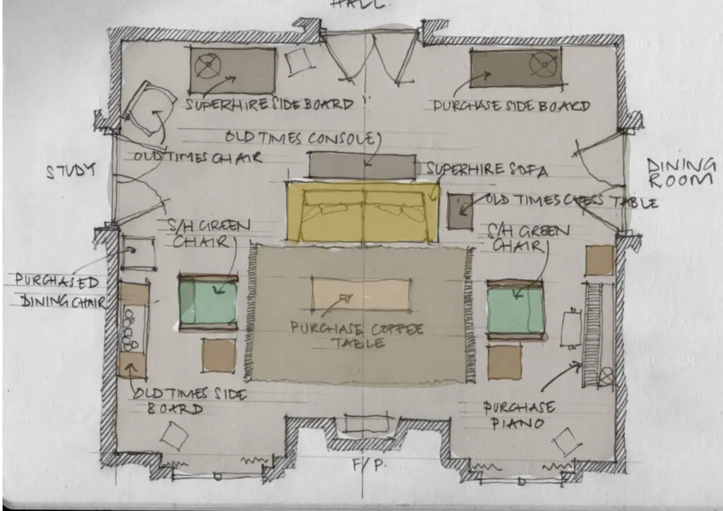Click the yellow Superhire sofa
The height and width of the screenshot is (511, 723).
click(362, 212)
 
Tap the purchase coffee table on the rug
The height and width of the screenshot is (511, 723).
click(361, 294)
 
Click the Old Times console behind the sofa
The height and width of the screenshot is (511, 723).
click(362, 166)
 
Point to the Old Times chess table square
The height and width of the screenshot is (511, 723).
click(460, 211)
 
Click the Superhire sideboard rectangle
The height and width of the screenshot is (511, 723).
click(232, 70)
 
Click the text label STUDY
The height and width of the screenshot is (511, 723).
click(70, 172)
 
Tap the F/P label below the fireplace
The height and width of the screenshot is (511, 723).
click(361, 467)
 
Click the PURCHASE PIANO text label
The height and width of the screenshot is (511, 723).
click(519, 416)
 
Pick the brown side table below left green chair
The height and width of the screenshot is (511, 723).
click(218, 355)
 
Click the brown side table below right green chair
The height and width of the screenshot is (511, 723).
click(505, 362)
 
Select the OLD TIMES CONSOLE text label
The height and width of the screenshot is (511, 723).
click(301, 137)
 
